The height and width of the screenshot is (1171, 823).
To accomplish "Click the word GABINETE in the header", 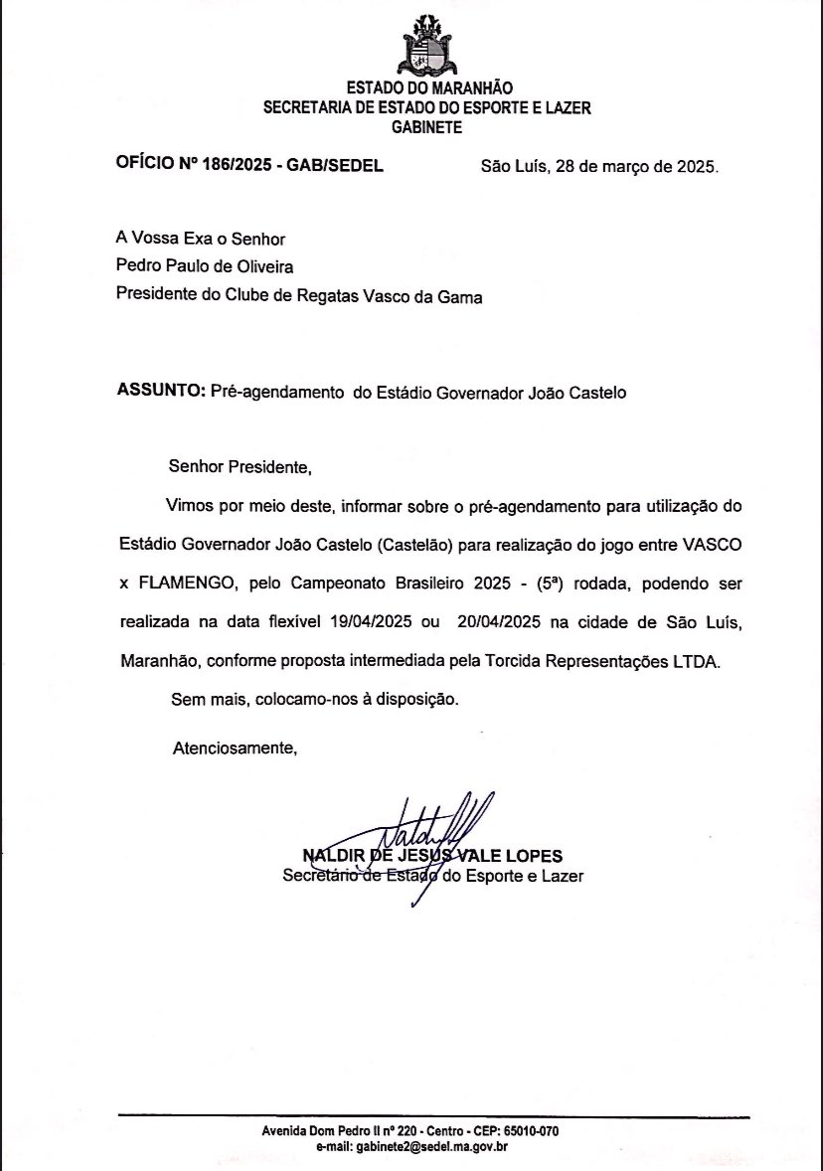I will point(426,126).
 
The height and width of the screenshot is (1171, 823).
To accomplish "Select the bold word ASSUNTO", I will point(160,392).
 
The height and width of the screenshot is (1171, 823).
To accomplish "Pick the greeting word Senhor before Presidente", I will point(197,465).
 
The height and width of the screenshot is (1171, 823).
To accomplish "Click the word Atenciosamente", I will point(235,747).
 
